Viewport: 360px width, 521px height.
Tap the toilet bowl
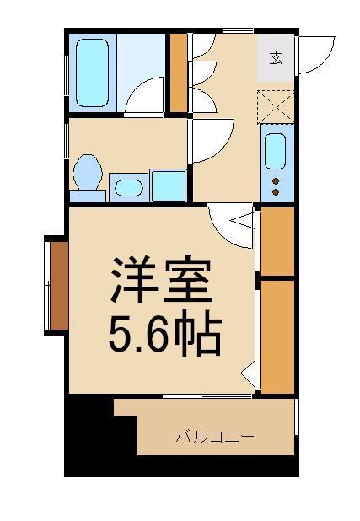coord(88,174)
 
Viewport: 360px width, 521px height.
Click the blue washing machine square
coord(168,185)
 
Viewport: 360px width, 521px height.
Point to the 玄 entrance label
coord(276,58)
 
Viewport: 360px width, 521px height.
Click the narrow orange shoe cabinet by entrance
coord(178,73)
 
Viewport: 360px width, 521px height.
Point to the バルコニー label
coord(214,437)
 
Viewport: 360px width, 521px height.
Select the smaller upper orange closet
coord(277,240)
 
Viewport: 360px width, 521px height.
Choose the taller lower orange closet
coord(277,335)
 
